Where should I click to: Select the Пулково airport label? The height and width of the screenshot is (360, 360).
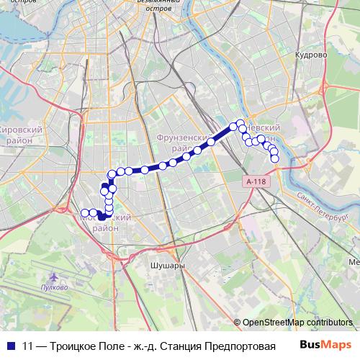pos(55,287)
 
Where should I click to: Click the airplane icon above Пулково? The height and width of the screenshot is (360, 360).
pos(55,276)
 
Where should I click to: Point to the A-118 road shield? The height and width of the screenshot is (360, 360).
pos(254,181)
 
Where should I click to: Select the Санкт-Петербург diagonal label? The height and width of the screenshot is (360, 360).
pos(320,209)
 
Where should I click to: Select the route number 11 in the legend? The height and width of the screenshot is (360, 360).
pos(28,345)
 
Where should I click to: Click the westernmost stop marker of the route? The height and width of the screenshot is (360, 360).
pos(85,212)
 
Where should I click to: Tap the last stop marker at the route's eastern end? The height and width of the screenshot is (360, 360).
pos(275,158)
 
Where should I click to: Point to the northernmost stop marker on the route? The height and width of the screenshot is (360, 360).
pos(240,124)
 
